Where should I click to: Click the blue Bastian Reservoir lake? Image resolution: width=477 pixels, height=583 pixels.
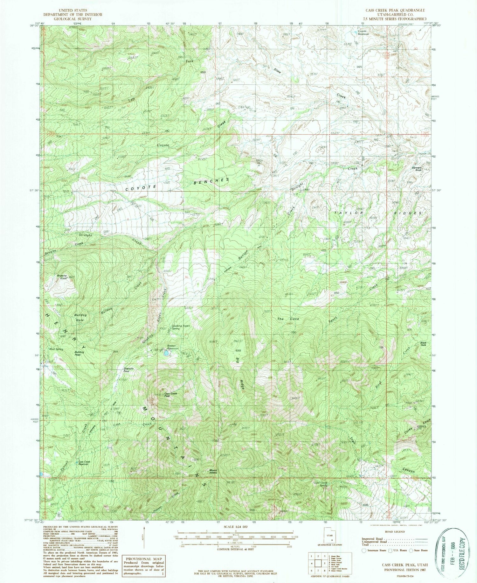166,354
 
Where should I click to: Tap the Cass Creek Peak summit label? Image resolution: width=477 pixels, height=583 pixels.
170,395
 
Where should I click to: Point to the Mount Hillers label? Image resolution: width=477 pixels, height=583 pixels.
213,472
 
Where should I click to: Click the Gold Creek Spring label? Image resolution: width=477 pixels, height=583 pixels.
321,484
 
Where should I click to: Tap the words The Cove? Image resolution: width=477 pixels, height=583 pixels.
288,319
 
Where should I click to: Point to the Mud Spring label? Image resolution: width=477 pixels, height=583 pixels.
56,349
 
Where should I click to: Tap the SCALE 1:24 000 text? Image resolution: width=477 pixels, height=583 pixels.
235,527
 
